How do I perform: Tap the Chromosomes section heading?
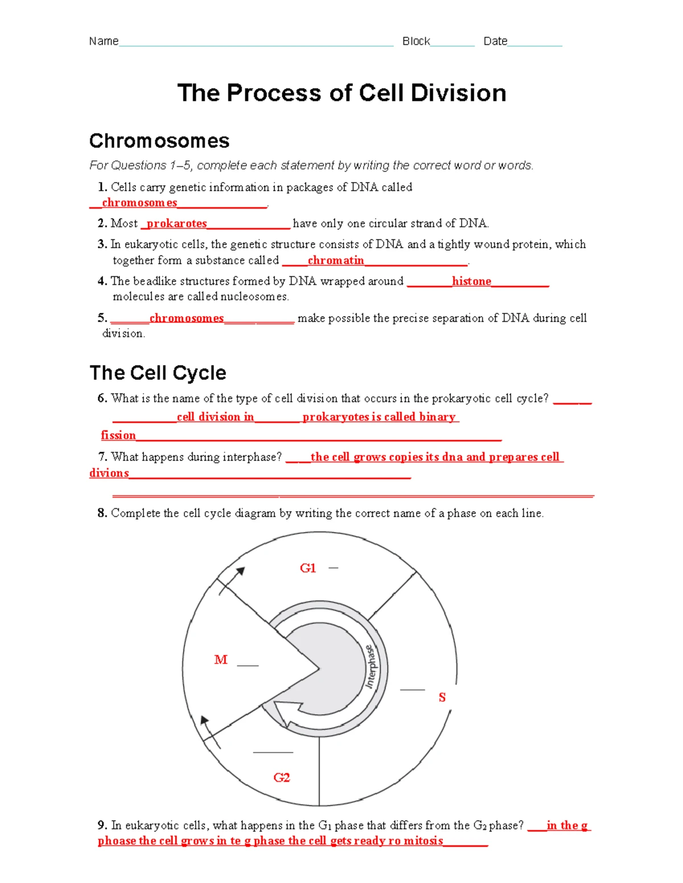click(x=159, y=141)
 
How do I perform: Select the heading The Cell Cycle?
click(x=158, y=373)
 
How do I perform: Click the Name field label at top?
click(x=104, y=42)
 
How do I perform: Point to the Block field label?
click(x=416, y=42)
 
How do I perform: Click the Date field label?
click(x=495, y=42)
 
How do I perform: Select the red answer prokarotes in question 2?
click(x=176, y=223)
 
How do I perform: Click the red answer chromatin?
click(x=335, y=260)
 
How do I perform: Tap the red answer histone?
click(x=471, y=281)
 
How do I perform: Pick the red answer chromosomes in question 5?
click(x=186, y=318)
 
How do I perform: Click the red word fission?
click(x=118, y=436)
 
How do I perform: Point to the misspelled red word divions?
click(x=109, y=473)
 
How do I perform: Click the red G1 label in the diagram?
click(x=308, y=568)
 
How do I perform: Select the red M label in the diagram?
click(x=220, y=660)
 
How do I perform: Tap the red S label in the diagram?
click(x=442, y=698)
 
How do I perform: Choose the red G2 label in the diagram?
click(x=282, y=777)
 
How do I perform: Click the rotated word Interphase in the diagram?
click(x=371, y=667)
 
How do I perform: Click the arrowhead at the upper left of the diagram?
click(x=241, y=571)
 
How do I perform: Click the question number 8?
click(x=102, y=513)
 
